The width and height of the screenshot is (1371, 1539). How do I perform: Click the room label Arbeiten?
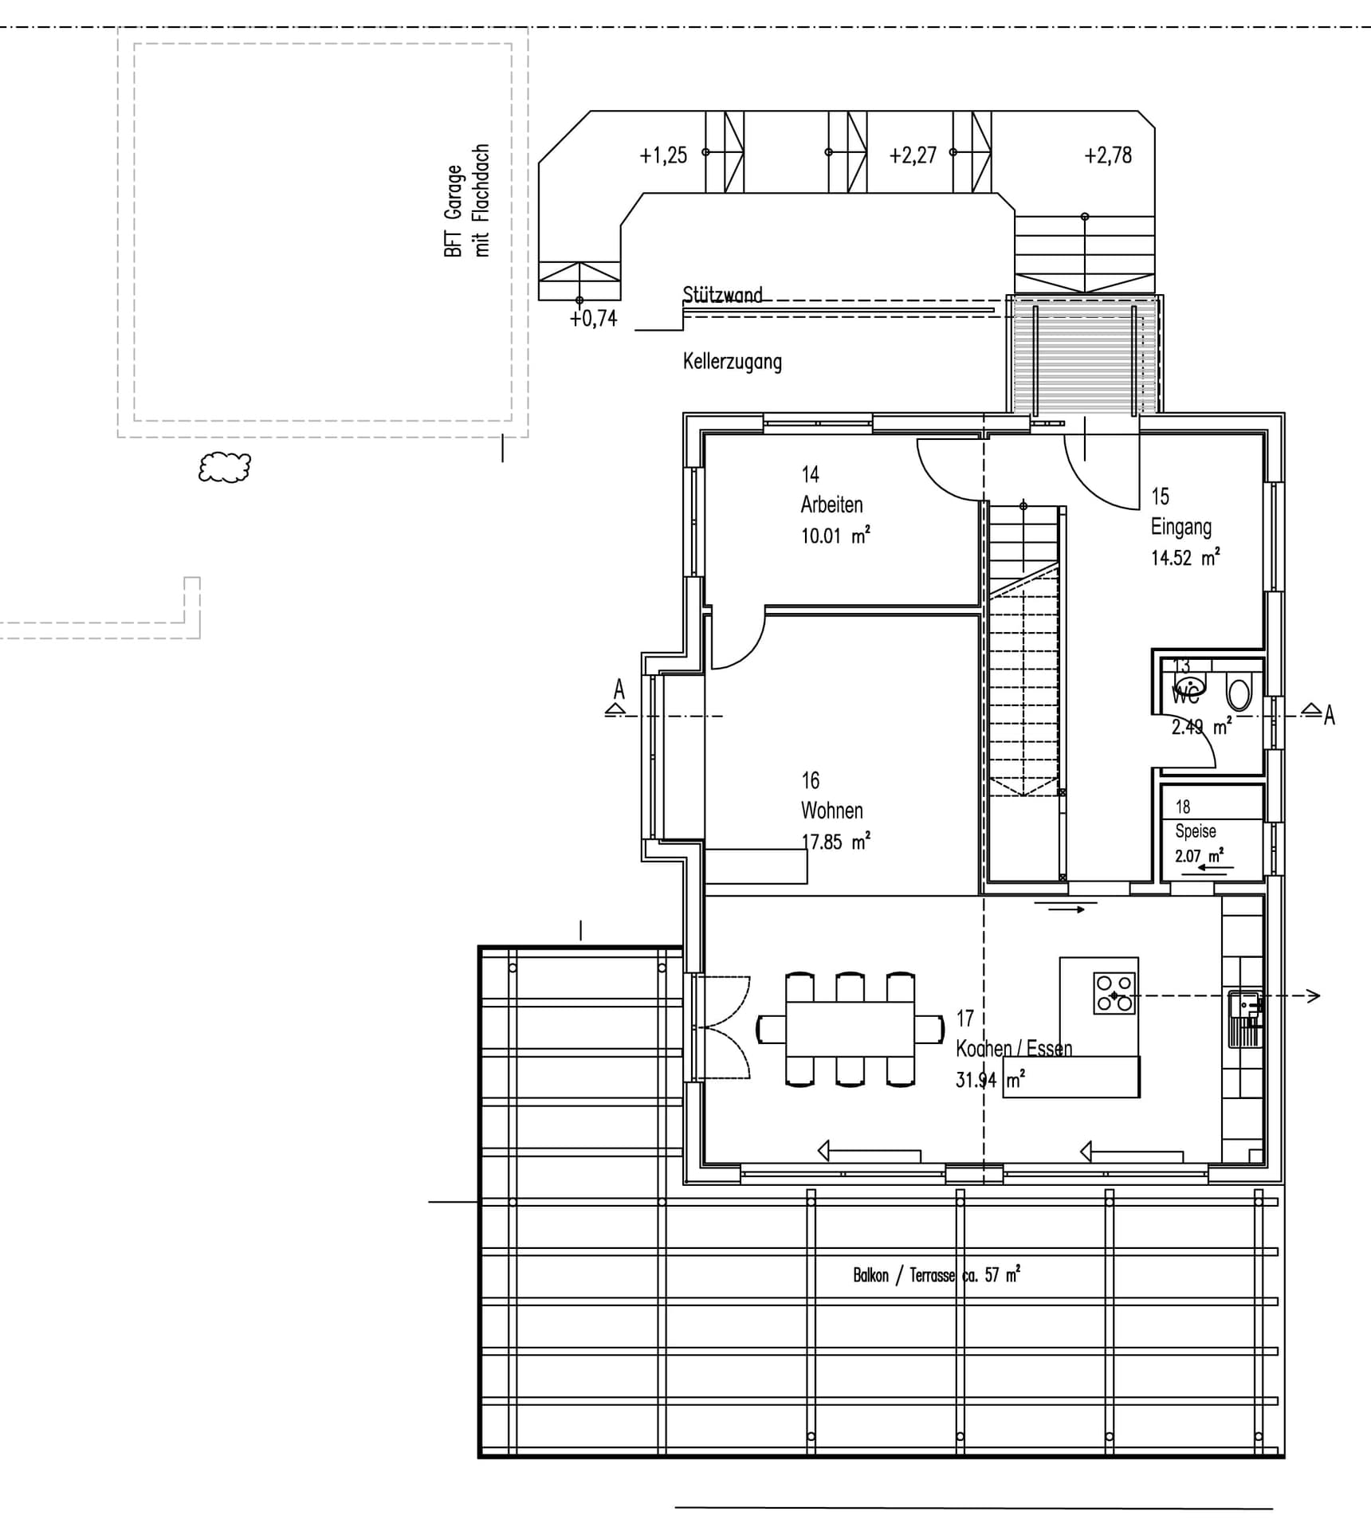tap(831, 504)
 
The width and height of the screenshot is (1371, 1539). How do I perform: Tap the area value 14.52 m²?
tap(1184, 558)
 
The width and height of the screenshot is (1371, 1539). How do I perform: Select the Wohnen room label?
tap(831, 811)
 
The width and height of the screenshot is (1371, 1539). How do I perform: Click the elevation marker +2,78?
tap(1107, 155)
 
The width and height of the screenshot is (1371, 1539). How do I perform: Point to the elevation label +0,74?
tap(593, 319)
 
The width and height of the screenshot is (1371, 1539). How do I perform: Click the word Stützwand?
tap(722, 295)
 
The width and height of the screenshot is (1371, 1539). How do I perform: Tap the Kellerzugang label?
tap(732, 361)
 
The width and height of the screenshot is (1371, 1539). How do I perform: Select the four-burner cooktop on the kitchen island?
tap(1114, 993)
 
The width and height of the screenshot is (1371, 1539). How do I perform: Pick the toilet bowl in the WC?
tap(1239, 692)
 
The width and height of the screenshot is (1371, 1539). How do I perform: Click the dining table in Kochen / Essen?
tap(850, 1028)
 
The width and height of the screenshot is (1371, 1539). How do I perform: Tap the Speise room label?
tap(1195, 831)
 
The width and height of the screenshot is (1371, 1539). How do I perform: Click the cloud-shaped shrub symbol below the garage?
tap(225, 467)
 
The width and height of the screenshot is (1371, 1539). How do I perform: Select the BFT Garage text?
tap(453, 211)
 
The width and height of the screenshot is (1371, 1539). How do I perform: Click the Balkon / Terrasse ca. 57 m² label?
tap(936, 1275)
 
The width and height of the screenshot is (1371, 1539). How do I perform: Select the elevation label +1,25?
tap(662, 155)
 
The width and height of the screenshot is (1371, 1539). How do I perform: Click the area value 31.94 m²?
tap(989, 1081)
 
